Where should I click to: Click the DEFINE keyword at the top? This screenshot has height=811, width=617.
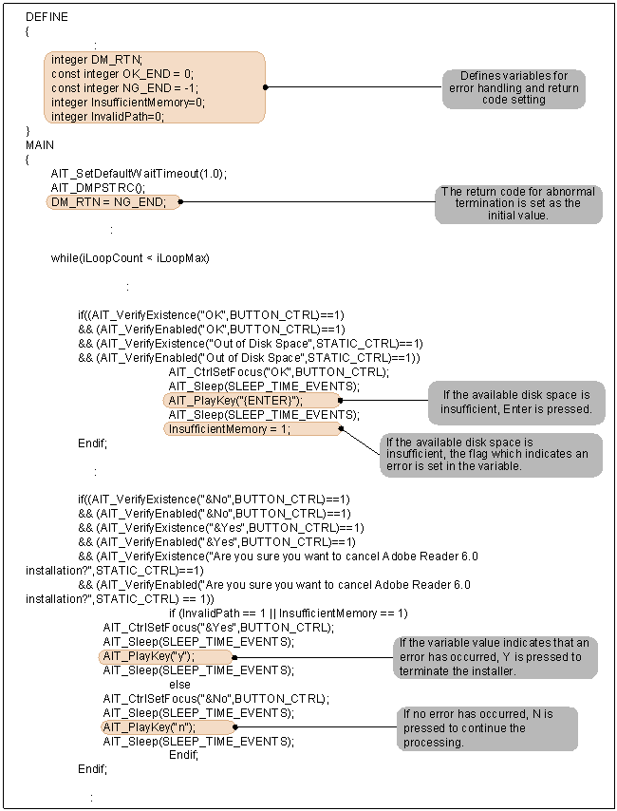(x=47, y=17)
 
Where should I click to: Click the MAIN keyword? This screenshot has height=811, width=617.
(x=40, y=144)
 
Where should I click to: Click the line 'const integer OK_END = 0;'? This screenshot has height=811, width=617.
(x=122, y=73)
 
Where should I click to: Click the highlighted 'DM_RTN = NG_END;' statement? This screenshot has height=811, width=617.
(x=108, y=201)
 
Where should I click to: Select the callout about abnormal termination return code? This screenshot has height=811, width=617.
(x=518, y=204)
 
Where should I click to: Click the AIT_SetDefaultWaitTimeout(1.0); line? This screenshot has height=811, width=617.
(x=140, y=173)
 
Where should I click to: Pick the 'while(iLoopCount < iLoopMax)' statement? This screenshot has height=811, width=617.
(x=130, y=258)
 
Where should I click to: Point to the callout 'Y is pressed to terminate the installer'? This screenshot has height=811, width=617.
(x=494, y=657)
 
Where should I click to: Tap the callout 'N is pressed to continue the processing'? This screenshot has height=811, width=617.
(x=487, y=728)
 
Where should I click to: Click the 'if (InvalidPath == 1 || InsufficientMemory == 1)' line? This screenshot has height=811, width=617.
(x=288, y=613)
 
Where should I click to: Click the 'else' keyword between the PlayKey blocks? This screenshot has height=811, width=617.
(x=179, y=685)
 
